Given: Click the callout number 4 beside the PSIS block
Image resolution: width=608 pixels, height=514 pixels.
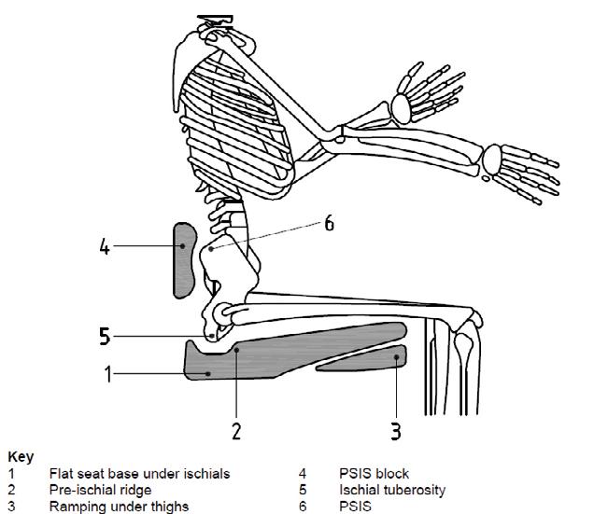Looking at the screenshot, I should [106, 248].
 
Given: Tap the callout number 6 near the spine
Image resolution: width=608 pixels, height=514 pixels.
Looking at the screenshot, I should [329, 224].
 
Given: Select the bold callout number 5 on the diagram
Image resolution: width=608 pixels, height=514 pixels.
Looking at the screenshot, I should [106, 336].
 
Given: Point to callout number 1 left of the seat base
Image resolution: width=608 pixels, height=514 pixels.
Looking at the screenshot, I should [108, 375].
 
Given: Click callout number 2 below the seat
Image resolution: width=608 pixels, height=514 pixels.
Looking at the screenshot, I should [236, 430].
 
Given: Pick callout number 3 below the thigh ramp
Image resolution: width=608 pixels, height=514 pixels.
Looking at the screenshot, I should [397, 430].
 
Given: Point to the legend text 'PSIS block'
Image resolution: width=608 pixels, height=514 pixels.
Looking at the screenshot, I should [374, 474].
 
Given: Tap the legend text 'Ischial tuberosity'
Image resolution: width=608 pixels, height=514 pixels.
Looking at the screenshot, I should [392, 489].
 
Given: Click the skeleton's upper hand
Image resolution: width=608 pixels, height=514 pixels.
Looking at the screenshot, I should [425, 93].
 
